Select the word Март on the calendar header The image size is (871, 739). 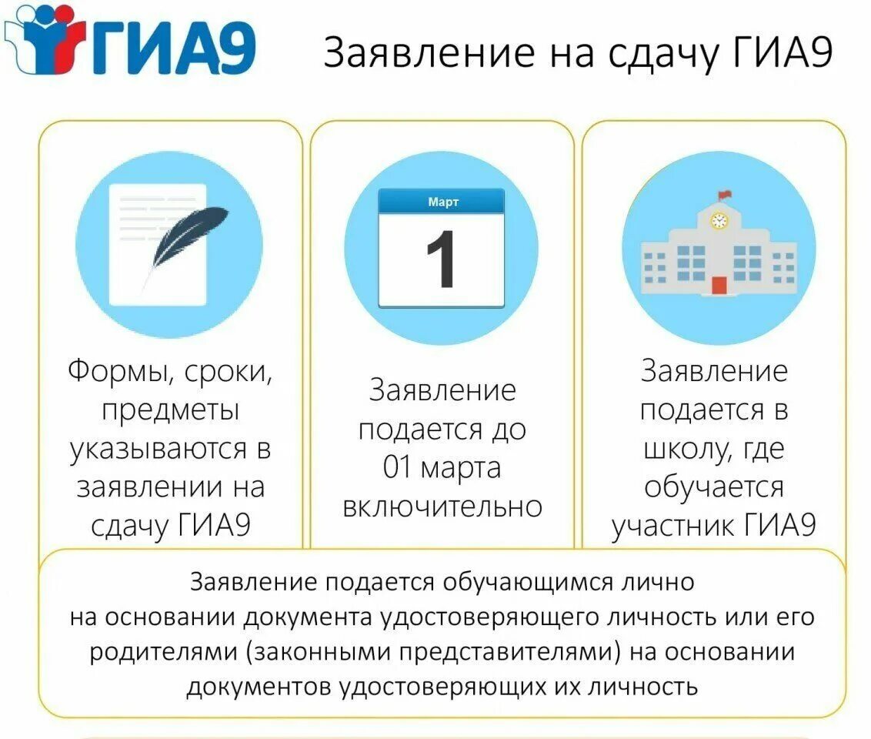442,202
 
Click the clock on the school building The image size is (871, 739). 719,221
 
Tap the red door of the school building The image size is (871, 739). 719,285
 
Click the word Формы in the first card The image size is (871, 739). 115,373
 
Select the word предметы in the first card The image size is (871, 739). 170,410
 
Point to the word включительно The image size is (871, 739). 442,507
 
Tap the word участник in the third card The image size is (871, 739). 672,527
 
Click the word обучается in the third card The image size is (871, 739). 714,487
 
